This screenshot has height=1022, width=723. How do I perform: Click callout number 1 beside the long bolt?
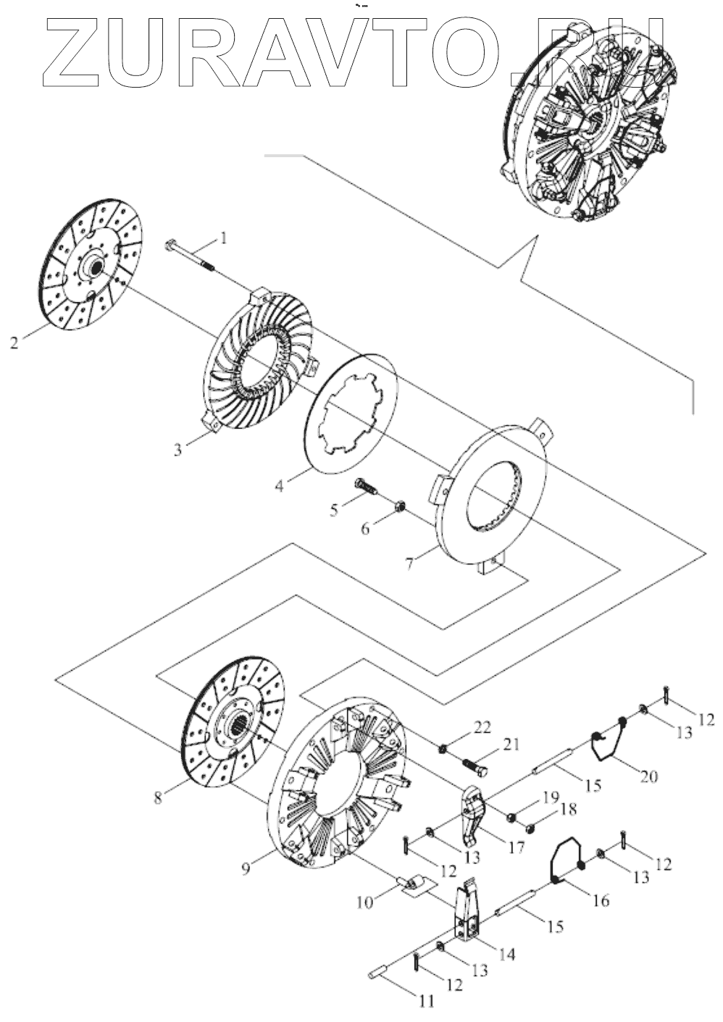[x=224, y=237]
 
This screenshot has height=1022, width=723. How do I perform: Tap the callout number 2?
[x=14, y=343]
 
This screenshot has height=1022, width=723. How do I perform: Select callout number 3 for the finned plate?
[x=177, y=449]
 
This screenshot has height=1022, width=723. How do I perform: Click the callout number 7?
[x=410, y=564]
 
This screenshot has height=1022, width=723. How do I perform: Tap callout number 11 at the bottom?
[x=425, y=1002]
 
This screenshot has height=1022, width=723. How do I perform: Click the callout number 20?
[x=648, y=776]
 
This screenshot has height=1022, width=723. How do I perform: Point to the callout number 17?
[x=516, y=846]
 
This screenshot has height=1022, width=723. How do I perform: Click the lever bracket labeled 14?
[x=464, y=916]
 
